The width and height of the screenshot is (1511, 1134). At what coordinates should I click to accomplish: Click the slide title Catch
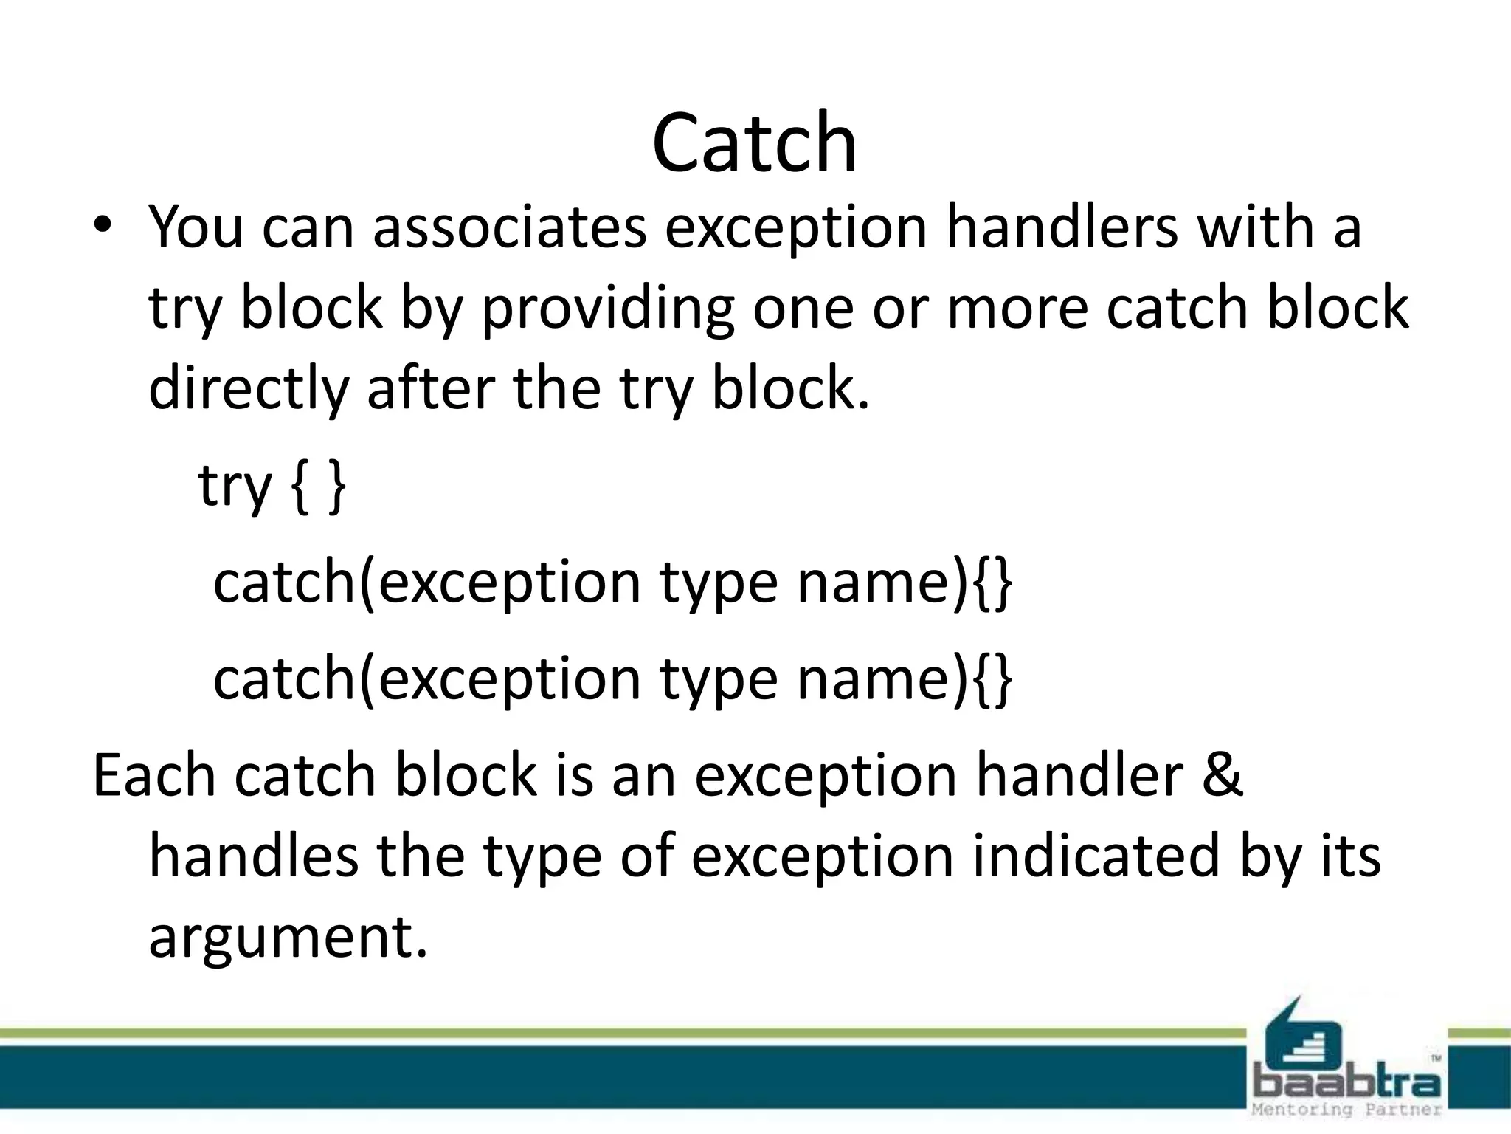pyautogui.click(x=754, y=142)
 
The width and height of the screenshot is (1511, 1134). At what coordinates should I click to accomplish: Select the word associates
pyautogui.click(x=509, y=227)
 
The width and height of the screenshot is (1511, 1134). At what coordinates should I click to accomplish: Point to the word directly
pyautogui.click(x=248, y=390)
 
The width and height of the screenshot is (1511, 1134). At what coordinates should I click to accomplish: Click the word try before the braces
pyautogui.click(x=235, y=487)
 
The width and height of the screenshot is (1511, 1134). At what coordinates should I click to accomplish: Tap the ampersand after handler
pyautogui.click(x=1223, y=775)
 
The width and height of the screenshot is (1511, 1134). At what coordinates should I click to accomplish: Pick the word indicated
pyautogui.click(x=1095, y=856)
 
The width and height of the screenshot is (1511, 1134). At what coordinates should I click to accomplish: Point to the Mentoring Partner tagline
pyautogui.click(x=1347, y=1110)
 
